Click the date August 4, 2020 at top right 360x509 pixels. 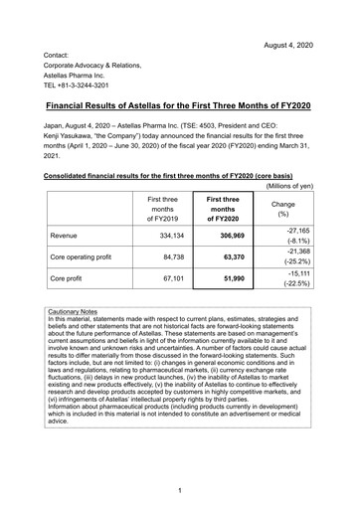pos(299,19)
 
